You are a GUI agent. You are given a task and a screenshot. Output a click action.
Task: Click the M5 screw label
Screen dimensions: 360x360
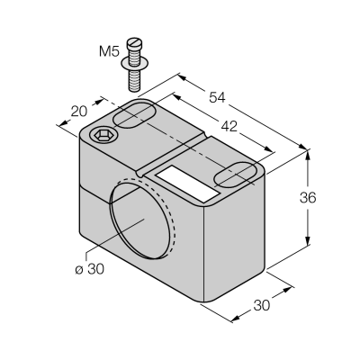(x=109, y=51)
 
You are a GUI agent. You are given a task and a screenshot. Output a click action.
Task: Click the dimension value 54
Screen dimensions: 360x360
(x=217, y=98)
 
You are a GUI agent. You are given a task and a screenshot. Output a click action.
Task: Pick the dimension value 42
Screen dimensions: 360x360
(x=229, y=127)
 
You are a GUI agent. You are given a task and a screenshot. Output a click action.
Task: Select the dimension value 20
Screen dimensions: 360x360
(x=79, y=112)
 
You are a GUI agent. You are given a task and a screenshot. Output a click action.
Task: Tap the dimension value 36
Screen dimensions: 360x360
(x=308, y=198)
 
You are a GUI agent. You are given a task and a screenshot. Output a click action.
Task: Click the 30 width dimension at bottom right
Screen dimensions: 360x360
(x=262, y=305)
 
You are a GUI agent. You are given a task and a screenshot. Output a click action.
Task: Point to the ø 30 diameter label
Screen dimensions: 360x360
(x=90, y=269)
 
